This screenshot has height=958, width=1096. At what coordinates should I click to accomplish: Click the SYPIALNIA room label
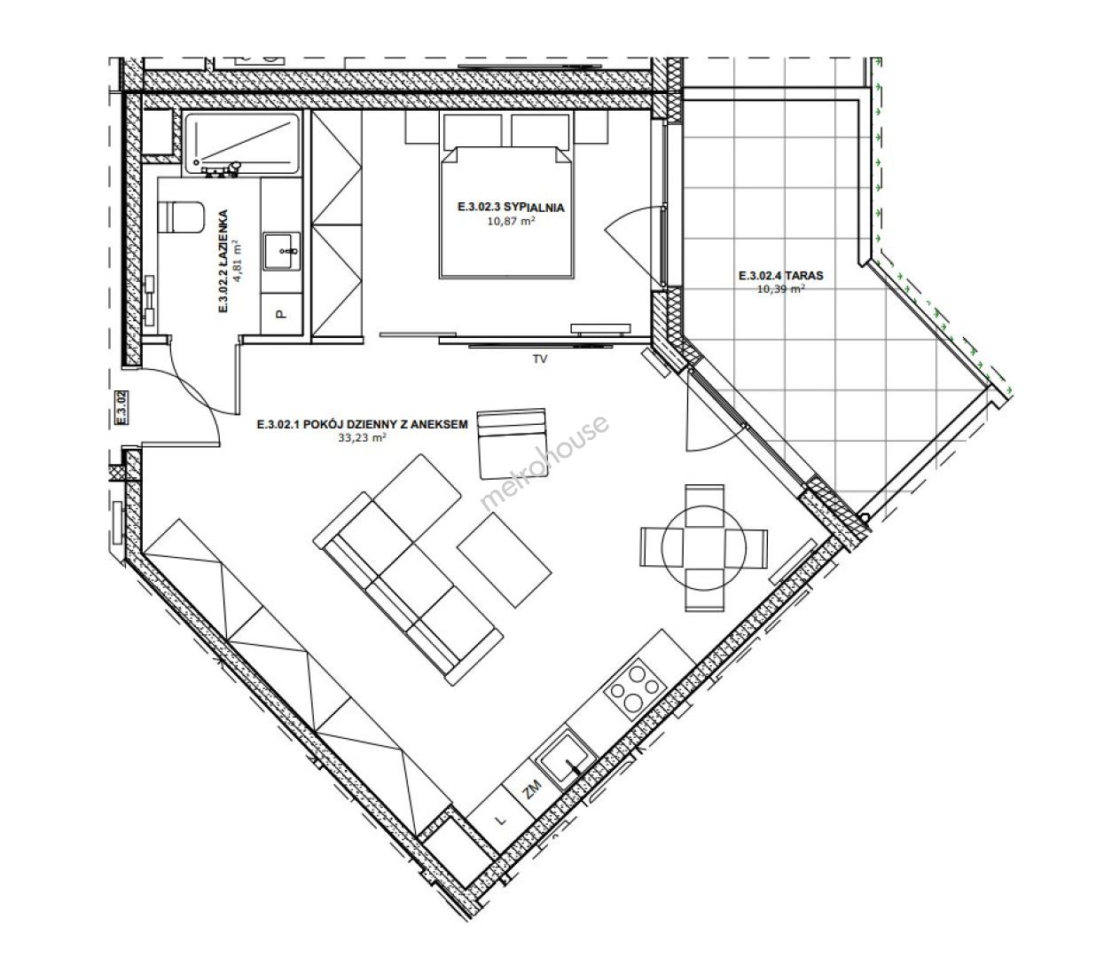(x=511, y=208)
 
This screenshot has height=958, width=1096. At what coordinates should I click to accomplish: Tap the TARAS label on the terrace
(x=780, y=276)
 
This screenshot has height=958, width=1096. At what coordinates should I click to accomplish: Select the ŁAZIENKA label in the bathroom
(x=223, y=261)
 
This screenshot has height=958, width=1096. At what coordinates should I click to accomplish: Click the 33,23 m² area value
(x=363, y=437)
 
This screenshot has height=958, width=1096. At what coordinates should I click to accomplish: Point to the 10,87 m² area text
(x=511, y=221)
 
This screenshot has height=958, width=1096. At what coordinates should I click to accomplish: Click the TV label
(x=540, y=359)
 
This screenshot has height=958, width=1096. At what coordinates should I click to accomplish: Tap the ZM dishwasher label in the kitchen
(x=532, y=789)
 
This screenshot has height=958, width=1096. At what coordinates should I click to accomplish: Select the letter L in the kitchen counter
(x=501, y=821)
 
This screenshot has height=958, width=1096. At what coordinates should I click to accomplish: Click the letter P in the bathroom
(x=280, y=313)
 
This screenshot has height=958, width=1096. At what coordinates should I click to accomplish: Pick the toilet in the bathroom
(x=182, y=217)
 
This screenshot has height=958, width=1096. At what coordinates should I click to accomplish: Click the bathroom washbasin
(x=281, y=251)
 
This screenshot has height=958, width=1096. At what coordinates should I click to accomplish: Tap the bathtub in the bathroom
(x=242, y=143)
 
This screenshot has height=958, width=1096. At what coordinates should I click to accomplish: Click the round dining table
(x=704, y=547)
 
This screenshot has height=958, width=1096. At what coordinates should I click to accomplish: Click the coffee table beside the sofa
(x=504, y=560)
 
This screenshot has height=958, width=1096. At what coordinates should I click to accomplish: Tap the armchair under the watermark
(x=512, y=444)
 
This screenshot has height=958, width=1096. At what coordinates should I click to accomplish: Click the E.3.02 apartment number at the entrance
(x=122, y=408)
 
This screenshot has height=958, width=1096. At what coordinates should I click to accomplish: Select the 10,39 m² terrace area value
(x=780, y=289)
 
